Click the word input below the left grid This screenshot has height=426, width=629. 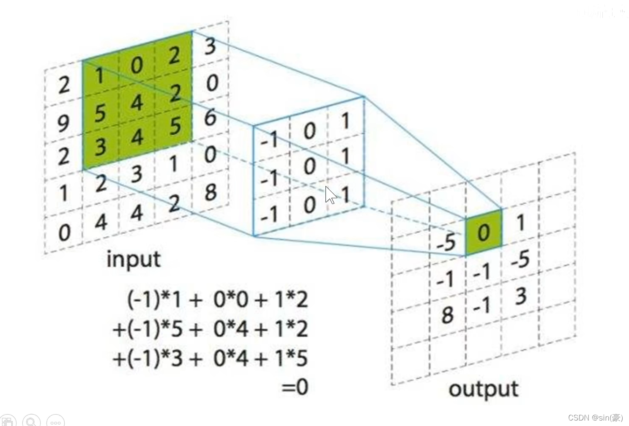pyautogui.click(x=133, y=259)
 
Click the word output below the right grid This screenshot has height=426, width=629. pyautogui.click(x=483, y=389)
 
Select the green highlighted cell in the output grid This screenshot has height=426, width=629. pyautogui.click(x=484, y=232)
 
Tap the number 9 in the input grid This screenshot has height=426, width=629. pyautogui.click(x=63, y=123)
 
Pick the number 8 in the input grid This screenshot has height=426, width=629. pyautogui.click(x=211, y=192)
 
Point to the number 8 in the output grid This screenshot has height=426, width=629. pyautogui.click(x=447, y=315)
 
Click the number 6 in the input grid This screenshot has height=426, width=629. pyautogui.click(x=211, y=117)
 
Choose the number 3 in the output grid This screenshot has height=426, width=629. pyautogui.click(x=521, y=296)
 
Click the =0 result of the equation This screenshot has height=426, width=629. pyautogui.click(x=295, y=387)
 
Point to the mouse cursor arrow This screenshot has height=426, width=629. pyautogui.click(x=330, y=195)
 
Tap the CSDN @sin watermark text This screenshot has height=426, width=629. pyautogui.click(x=595, y=418)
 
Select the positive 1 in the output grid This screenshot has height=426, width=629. pyautogui.click(x=521, y=222)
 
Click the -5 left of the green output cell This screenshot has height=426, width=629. pyautogui.click(x=446, y=242)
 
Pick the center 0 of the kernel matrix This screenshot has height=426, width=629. pyautogui.click(x=309, y=167)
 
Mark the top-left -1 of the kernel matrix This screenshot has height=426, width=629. pyautogui.click(x=269, y=139)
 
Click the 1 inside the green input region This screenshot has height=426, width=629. pyautogui.click(x=99, y=76)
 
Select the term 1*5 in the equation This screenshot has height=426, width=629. pyautogui.click(x=291, y=358)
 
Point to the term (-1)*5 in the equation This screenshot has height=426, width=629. pyautogui.click(x=154, y=329)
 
